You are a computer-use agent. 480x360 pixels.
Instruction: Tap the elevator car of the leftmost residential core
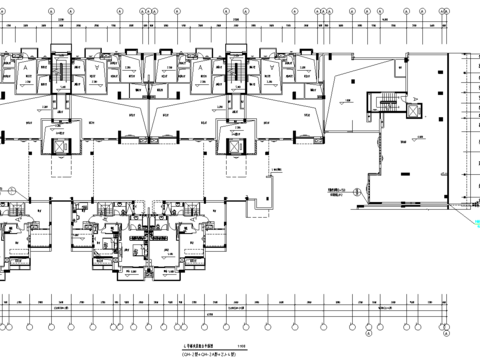[x=61, y=143]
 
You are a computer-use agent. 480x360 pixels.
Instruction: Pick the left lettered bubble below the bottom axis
[x=368, y=323]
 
